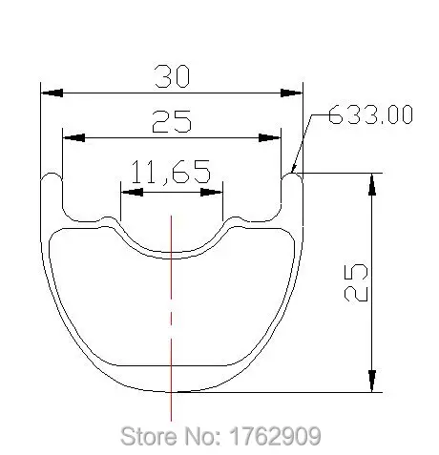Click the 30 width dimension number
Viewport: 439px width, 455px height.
172,76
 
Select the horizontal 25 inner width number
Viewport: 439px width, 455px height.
172,121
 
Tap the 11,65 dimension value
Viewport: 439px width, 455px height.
171,172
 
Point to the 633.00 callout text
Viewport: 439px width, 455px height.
370,114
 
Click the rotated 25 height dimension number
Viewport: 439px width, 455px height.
356,282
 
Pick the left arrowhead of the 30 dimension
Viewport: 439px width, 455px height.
52,93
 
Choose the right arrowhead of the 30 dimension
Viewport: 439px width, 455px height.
292,93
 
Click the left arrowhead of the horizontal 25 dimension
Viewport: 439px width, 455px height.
73,137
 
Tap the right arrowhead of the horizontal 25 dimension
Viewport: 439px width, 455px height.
270,138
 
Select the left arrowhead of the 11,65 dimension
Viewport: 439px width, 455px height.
132,192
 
